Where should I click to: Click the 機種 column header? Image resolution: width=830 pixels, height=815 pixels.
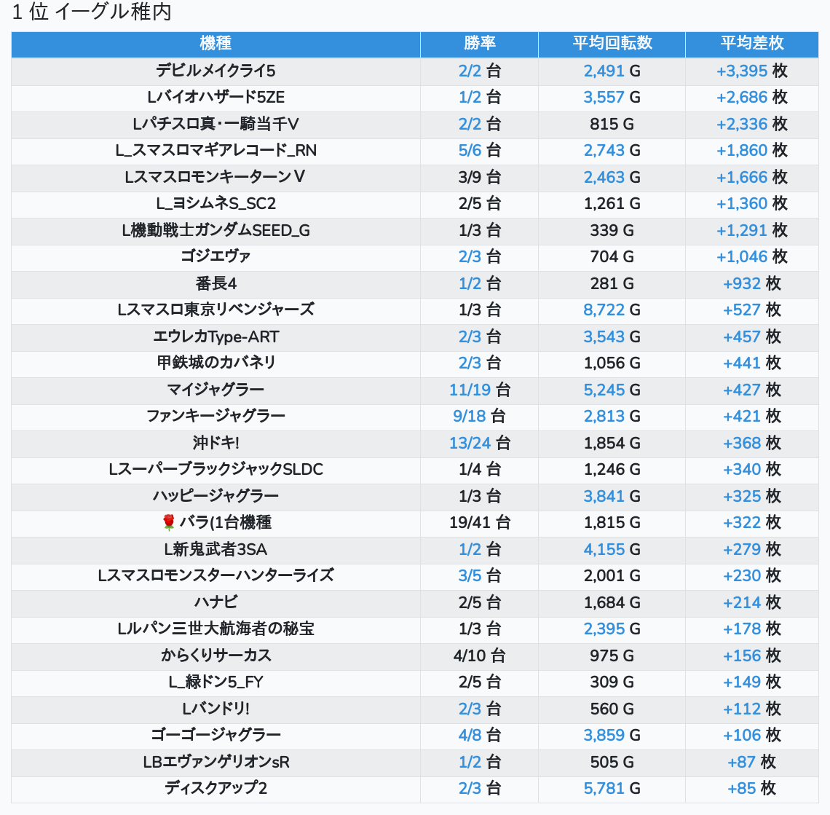[216, 44]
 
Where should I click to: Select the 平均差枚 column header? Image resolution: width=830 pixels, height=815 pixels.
[751, 44]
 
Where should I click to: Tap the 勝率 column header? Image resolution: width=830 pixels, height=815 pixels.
[479, 44]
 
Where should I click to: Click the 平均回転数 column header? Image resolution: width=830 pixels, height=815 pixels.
[612, 44]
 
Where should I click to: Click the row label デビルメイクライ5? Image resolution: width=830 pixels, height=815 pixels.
[216, 71]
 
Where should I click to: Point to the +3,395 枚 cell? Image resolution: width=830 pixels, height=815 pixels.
[751, 71]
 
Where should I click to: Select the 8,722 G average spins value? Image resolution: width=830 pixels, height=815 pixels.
[612, 310]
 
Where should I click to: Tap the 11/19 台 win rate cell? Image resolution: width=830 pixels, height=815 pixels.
[479, 390]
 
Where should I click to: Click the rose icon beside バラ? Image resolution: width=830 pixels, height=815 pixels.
[169, 522]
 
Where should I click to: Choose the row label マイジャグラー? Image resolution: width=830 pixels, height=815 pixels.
[216, 390]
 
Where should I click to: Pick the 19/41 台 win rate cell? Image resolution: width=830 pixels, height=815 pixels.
[479, 522]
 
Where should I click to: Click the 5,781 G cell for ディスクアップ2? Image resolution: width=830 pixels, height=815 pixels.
[612, 788]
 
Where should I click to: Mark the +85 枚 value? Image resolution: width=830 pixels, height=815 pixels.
[751, 788]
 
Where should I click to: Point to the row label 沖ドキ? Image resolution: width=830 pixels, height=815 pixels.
[216, 443]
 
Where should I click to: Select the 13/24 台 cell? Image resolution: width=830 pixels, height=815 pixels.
[479, 443]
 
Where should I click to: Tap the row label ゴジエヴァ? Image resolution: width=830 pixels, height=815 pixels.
[216, 256]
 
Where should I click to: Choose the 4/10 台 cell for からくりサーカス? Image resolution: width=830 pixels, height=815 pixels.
[479, 655]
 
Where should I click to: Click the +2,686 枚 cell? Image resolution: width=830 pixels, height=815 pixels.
[751, 97]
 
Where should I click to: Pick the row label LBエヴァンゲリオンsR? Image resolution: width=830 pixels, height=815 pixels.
[216, 762]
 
